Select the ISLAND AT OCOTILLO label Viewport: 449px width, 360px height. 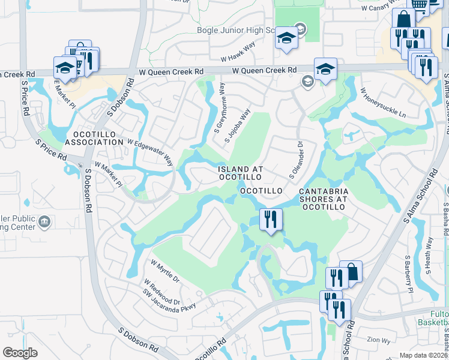[x=239, y=173]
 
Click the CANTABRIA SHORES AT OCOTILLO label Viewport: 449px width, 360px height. [x=323, y=199]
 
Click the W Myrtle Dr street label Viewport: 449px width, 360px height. [x=165, y=271]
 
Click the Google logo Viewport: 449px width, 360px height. [x=20, y=353]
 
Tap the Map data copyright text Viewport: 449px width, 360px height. [x=423, y=355]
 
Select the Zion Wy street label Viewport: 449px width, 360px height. [x=379, y=340]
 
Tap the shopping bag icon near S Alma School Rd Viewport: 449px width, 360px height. [x=351, y=272]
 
